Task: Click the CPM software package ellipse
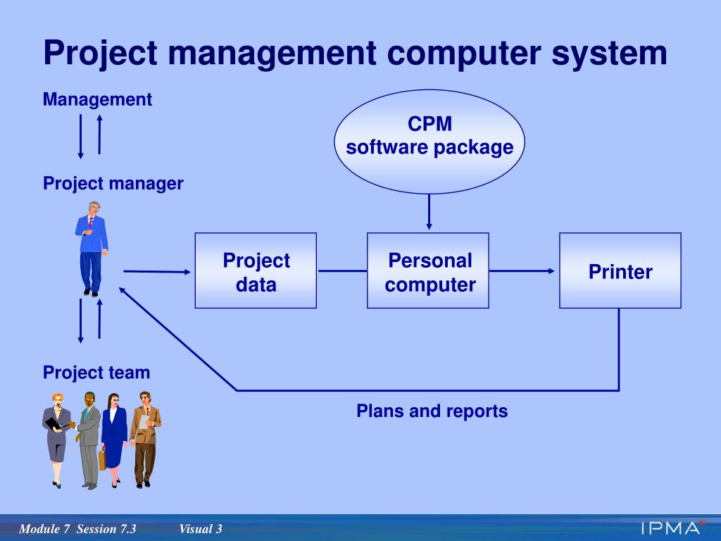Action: click(x=429, y=142)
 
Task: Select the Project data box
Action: click(x=256, y=270)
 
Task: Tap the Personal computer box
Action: click(x=428, y=270)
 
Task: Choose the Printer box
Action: click(x=620, y=270)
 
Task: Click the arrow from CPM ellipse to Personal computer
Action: click(x=429, y=212)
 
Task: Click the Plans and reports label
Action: click(x=432, y=411)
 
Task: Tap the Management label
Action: click(x=97, y=99)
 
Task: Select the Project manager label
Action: click(x=113, y=184)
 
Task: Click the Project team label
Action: click(x=96, y=372)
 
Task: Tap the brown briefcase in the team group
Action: click(x=103, y=459)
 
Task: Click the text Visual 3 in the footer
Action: click(x=201, y=529)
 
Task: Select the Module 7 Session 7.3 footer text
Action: click(x=77, y=529)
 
